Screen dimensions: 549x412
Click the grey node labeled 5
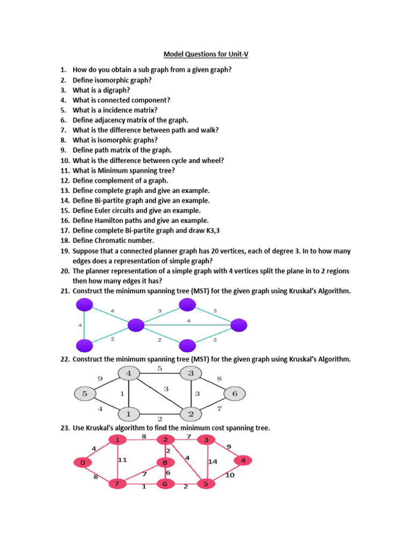(x=84, y=394)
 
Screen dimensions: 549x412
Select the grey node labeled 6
(x=234, y=394)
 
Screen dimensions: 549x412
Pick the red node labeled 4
(x=243, y=461)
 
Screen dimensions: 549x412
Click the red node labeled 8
(x=165, y=462)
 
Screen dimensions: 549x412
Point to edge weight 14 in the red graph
(x=212, y=461)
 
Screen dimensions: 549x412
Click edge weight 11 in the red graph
(x=122, y=459)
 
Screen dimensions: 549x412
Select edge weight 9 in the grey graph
(x=100, y=379)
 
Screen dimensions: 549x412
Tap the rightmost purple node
(x=239, y=325)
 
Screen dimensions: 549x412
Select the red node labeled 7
(x=116, y=484)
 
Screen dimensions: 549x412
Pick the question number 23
(x=64, y=428)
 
